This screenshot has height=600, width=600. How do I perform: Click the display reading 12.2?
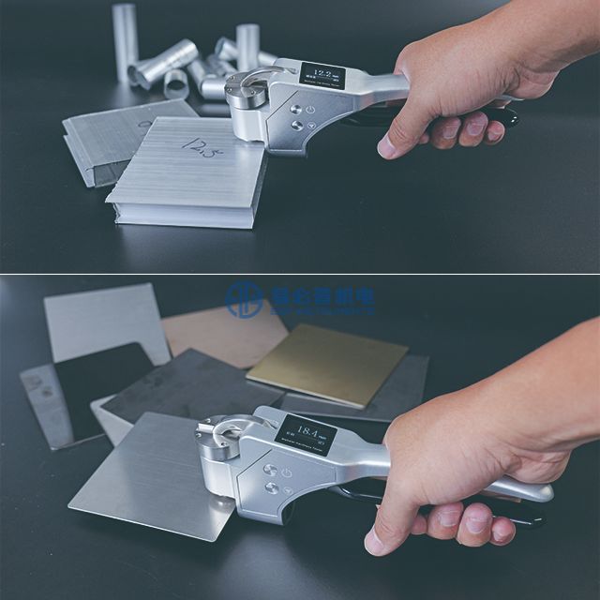(322, 74)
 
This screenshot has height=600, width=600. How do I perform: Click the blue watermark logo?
(246, 298)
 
